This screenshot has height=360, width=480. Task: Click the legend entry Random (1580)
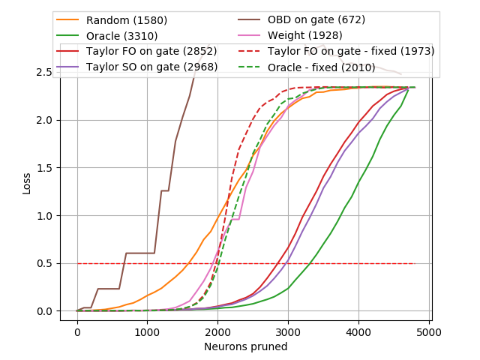tap(127, 20)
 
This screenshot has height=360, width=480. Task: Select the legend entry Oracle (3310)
tap(124, 36)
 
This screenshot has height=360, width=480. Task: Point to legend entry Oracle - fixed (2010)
tap(333, 67)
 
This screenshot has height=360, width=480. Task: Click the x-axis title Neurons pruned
tap(245, 347)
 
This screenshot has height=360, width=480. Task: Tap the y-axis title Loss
tap(26, 183)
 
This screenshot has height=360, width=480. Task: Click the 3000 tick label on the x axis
tap(288, 332)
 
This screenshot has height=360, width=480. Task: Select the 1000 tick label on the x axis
tap(148, 332)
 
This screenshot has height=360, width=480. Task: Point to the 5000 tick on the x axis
tap(429, 332)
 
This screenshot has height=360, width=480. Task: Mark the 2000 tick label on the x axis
tap(217, 332)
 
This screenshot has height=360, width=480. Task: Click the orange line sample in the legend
tap(69, 20)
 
